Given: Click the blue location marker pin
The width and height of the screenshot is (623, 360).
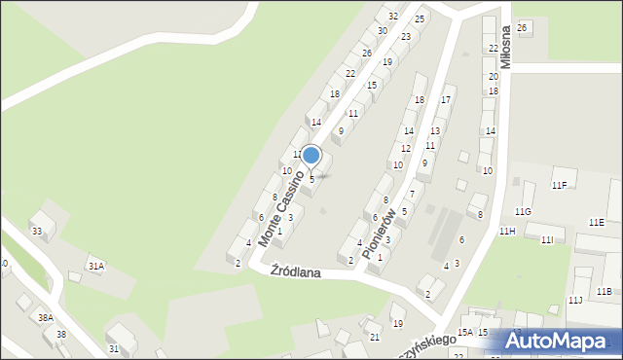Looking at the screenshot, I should pyautogui.click(x=311, y=156).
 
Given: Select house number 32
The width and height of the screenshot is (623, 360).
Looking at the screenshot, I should pyautogui.click(x=392, y=17).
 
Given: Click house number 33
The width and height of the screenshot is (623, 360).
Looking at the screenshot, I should pyautogui.click(x=37, y=231).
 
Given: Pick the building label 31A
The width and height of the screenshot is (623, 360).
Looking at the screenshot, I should pyautogui.click(x=95, y=265).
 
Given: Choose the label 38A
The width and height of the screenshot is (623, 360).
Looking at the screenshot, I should pyautogui.click(x=45, y=317).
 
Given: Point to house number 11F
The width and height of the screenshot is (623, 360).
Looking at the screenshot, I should pyautogui.click(x=559, y=185).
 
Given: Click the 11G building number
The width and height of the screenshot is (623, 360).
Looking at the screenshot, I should pyautogui.click(x=524, y=211).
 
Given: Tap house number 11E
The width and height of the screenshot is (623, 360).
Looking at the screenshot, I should pyautogui.click(x=596, y=223).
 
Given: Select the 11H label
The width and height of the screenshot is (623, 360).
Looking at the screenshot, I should pyautogui.click(x=507, y=231).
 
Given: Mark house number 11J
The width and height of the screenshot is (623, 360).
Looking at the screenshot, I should pyautogui.click(x=575, y=300).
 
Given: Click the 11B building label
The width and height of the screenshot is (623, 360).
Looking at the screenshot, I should pyautogui.click(x=604, y=291).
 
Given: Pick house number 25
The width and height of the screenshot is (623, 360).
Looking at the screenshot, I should pyautogui.click(x=420, y=18).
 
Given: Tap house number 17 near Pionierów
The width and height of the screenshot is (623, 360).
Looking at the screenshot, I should pyautogui.click(x=447, y=100).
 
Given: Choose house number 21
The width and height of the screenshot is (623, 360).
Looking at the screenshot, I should pyautogui.click(x=375, y=337).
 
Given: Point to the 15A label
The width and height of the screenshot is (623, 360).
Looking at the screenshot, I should pyautogui.click(x=465, y=333).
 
